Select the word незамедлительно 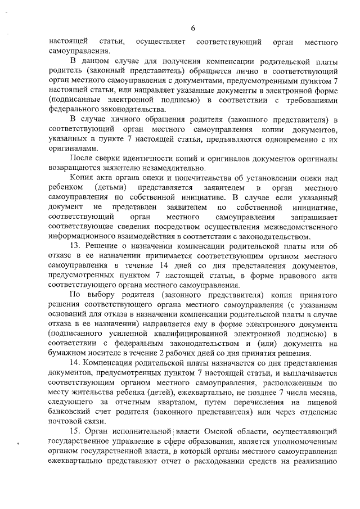[x=176, y=166]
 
